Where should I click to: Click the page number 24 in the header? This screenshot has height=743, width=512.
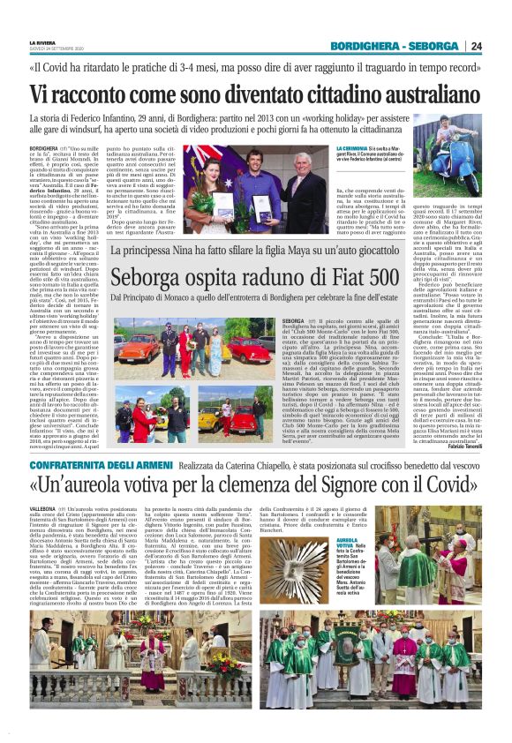(500, 46)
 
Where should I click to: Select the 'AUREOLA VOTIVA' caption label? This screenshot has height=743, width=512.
(348, 543)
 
